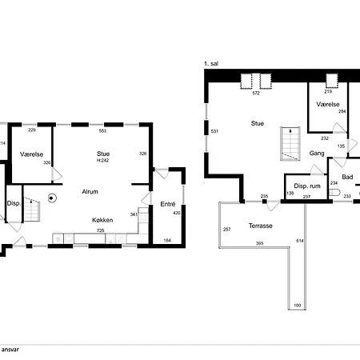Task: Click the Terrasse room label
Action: click(x=261, y=226)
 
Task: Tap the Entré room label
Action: click(x=168, y=204)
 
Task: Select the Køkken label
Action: click(x=102, y=220)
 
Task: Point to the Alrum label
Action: click(x=90, y=191)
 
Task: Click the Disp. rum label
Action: click(x=307, y=186)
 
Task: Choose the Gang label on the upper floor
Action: click(x=317, y=154)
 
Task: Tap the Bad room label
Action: click(x=347, y=177)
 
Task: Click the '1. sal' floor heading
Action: click(x=211, y=63)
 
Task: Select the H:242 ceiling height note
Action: click(x=102, y=160)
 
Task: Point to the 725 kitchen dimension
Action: click(x=101, y=230)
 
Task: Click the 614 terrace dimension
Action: click(x=300, y=241)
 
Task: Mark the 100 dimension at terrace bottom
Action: click(x=297, y=306)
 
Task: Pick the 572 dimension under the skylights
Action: click(x=256, y=93)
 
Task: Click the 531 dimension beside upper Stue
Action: click(x=214, y=131)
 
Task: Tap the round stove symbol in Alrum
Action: click(x=52, y=198)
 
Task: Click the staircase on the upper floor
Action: click(x=290, y=144)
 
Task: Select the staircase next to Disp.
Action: click(x=32, y=210)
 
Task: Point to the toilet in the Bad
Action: click(x=334, y=192)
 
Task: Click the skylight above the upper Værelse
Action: click(x=332, y=81)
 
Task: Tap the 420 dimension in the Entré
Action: click(x=177, y=213)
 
